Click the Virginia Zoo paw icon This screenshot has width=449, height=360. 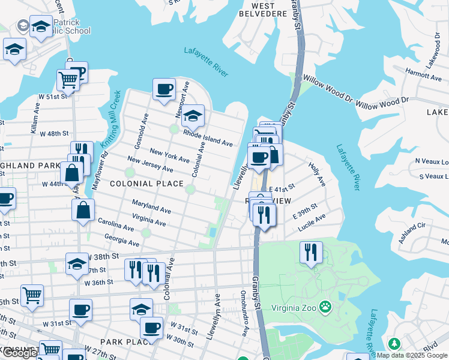(x=325, y=306)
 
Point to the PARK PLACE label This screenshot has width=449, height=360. (x=120, y=341)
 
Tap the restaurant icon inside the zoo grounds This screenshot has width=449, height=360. (x=310, y=251)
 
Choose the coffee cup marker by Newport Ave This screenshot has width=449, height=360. (x=164, y=90)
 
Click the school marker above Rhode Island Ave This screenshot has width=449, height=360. (x=193, y=115)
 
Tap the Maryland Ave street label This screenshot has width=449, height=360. (x=152, y=207)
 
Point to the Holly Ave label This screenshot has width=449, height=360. (x=316, y=173)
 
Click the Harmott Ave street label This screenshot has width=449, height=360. (x=423, y=74)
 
